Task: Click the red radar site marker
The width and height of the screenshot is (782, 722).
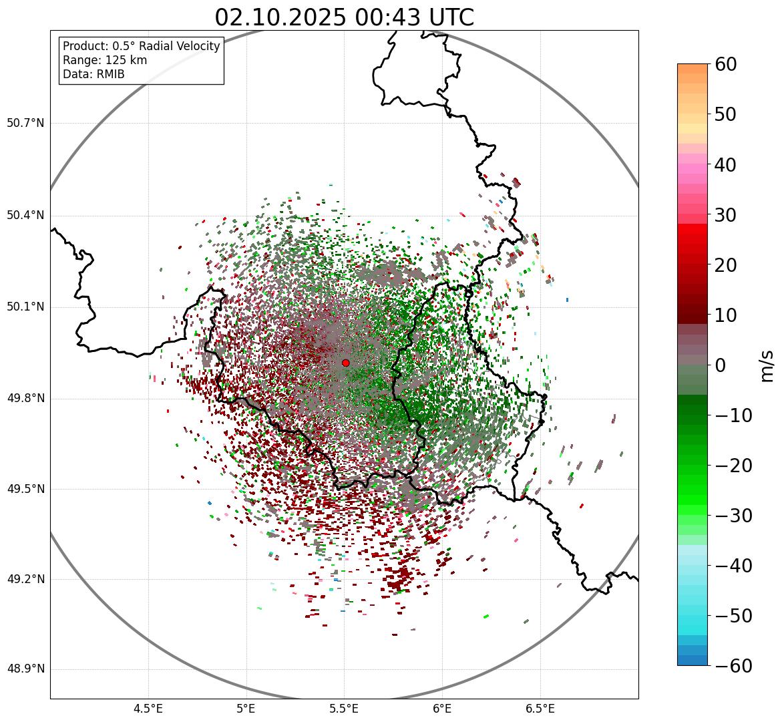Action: (345, 363)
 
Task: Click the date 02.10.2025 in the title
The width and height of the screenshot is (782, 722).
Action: (280, 17)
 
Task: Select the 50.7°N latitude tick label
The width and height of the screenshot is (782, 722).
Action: (25, 124)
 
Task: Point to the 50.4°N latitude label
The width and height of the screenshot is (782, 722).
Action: (25, 216)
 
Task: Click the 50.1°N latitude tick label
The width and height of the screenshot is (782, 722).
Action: (25, 307)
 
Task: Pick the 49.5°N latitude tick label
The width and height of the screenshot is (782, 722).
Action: (25, 490)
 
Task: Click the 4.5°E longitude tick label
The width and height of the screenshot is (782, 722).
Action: (148, 709)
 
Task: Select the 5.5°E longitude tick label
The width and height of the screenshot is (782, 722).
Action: (344, 709)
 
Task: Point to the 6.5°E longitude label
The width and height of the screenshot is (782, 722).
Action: (540, 709)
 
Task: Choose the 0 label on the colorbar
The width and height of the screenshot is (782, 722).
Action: (721, 365)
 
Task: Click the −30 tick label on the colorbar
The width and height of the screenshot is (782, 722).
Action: (733, 516)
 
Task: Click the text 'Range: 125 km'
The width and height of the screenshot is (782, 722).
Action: (105, 60)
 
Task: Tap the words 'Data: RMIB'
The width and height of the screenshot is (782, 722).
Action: (93, 74)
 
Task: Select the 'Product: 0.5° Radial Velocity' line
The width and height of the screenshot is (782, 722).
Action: (141, 46)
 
